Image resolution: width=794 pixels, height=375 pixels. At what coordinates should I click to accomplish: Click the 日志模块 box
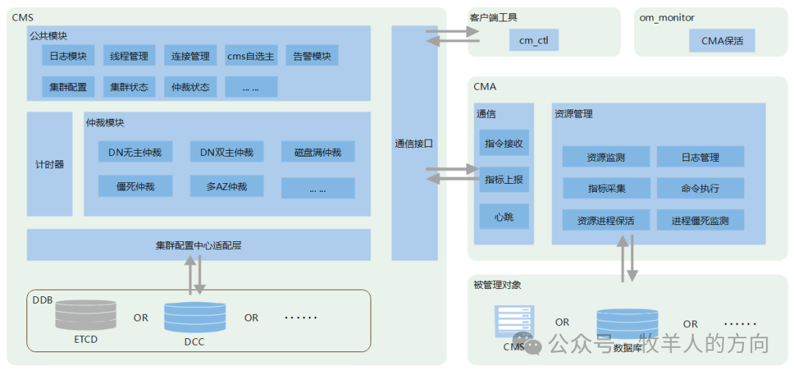68,56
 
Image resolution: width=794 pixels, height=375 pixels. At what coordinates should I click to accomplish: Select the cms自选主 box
251,56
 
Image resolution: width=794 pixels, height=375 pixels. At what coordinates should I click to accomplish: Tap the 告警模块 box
312,56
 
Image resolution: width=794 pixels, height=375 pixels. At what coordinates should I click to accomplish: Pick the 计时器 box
50,164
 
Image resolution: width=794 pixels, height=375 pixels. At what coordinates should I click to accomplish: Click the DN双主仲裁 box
226,152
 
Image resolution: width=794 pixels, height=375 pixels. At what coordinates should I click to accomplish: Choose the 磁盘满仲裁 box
318,152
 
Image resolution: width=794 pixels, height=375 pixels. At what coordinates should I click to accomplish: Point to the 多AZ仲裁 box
226,187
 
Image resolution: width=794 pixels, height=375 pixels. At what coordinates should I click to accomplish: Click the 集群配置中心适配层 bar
198,245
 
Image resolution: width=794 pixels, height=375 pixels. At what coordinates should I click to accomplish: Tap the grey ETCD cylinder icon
86,315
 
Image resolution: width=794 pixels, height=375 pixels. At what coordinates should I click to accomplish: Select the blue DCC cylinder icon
195,317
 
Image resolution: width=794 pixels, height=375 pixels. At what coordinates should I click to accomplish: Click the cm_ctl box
534,40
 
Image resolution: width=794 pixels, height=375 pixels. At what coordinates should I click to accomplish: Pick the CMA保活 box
722,40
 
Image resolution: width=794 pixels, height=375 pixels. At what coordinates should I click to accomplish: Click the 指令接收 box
504,143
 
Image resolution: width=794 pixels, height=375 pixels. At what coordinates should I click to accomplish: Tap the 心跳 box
504,217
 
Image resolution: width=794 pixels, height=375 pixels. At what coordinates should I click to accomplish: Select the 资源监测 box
607,157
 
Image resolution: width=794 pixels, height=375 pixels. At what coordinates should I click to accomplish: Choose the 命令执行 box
700,188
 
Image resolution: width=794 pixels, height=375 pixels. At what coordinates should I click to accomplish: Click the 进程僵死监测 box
700,220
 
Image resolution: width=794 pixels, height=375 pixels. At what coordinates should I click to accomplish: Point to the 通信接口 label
414,144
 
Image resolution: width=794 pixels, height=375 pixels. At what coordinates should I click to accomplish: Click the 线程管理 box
129,56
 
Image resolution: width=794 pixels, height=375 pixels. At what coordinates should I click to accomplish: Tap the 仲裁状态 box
190,87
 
